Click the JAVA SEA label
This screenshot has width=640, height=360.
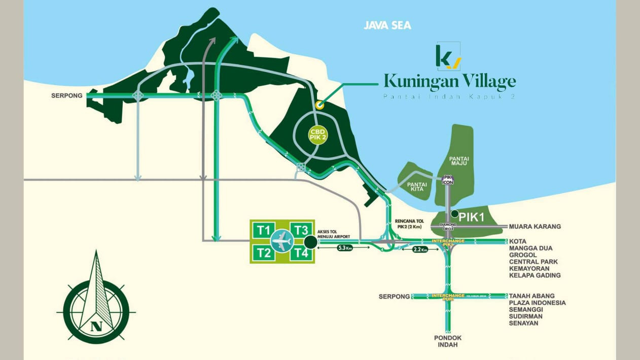tap(387, 25)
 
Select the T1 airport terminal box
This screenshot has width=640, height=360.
tap(263, 230)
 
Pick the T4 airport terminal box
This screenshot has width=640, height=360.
tap(302, 253)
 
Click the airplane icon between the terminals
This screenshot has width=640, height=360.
tap(282, 241)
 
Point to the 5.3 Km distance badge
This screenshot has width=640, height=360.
tap(345, 248)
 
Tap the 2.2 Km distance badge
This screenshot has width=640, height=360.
tap(420, 249)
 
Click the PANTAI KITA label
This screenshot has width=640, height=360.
tap(416, 186)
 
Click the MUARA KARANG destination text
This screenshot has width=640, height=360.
tap(535, 227)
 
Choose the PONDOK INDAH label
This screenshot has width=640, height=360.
tap(448, 341)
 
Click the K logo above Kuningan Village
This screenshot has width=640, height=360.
tap(448, 56)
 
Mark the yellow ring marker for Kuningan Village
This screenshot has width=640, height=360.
tap(319, 105)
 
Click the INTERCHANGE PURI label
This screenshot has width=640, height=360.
tap(448, 297)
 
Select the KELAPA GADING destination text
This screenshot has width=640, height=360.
tap(535, 275)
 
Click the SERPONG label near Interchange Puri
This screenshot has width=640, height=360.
tap(394, 296)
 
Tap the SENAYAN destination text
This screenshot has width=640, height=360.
tap(523, 323)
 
